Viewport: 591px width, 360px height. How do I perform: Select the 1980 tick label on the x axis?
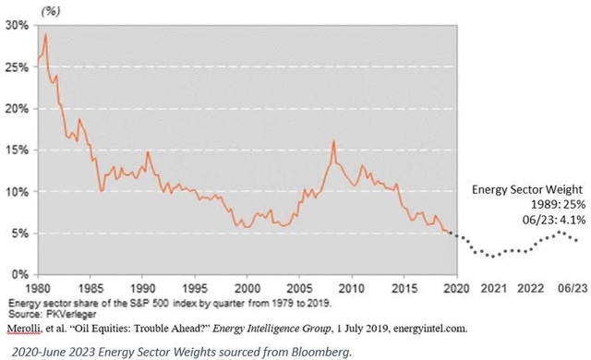click(x=37, y=288)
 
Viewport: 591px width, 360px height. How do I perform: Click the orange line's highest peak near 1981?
click(x=45, y=35)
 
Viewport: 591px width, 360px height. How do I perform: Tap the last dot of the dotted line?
click(x=579, y=266)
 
